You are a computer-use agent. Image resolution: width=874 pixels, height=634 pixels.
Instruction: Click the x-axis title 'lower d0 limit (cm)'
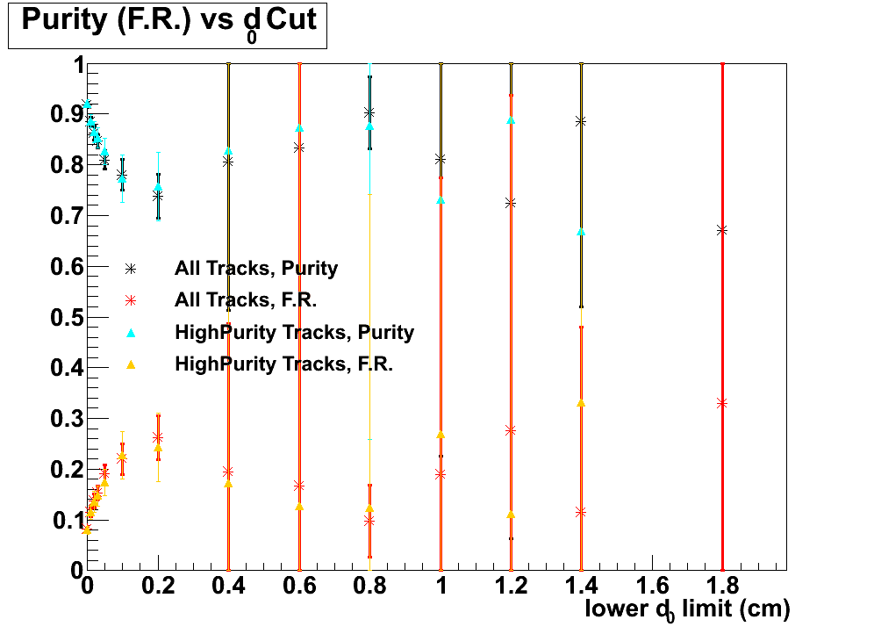[x=687, y=609]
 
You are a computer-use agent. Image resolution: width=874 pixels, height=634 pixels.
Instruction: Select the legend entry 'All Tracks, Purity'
[x=255, y=269]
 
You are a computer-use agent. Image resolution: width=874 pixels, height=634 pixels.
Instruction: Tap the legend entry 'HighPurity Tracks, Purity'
[x=294, y=333]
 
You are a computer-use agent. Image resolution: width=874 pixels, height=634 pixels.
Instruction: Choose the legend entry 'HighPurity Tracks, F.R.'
[x=283, y=364]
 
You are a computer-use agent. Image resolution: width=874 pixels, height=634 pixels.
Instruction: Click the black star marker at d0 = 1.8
[x=722, y=230]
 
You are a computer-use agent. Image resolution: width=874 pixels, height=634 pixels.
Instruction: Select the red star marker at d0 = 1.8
[x=722, y=403]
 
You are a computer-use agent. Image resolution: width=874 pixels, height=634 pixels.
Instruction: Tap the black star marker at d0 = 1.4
[x=581, y=121]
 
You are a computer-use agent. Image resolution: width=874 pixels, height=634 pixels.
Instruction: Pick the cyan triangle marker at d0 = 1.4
[x=581, y=232]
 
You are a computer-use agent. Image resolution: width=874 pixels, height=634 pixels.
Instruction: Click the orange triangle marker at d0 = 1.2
[x=511, y=514]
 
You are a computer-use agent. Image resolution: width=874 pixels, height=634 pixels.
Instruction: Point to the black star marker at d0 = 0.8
[x=369, y=112]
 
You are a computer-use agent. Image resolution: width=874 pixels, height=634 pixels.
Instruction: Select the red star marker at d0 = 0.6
[x=299, y=486]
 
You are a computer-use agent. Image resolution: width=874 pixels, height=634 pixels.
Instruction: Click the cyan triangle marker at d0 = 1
[x=441, y=200]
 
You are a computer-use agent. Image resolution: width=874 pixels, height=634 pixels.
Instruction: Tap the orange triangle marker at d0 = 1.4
[x=581, y=403]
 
